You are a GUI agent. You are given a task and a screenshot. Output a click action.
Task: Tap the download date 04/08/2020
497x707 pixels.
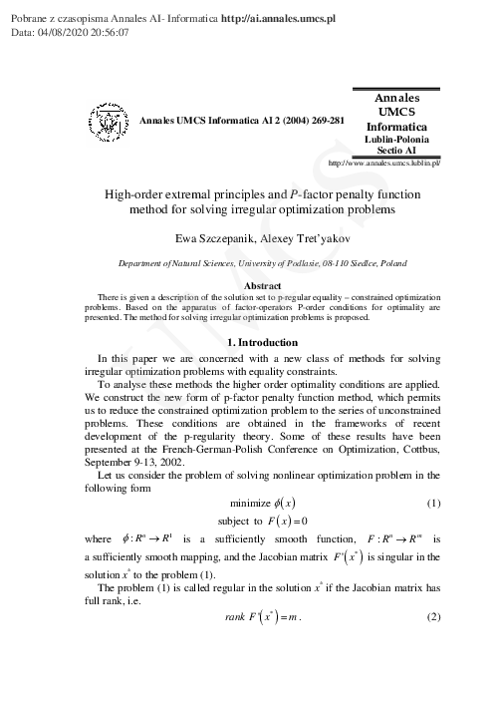click(67, 32)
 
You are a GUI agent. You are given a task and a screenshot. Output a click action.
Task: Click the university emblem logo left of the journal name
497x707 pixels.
click(110, 121)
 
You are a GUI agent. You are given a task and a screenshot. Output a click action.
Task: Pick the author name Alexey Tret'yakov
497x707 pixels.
click(298, 240)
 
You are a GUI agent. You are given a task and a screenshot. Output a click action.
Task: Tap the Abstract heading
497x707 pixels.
click(248, 286)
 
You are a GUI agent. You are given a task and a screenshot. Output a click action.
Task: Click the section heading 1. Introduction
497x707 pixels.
click(248, 343)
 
